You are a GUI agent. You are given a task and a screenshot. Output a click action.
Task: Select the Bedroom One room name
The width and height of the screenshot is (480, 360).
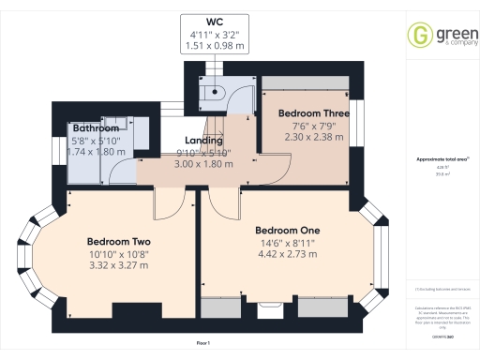(x=288, y=230)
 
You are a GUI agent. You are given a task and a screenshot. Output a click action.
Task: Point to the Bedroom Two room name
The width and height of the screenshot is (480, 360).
(x=119, y=239)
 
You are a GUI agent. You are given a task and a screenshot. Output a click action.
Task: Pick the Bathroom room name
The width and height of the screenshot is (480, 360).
(x=96, y=127)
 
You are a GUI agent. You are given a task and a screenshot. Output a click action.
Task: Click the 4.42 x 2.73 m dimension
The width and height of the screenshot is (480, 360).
(x=288, y=254)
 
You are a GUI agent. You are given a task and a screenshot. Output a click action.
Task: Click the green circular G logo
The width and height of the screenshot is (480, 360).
(x=418, y=37)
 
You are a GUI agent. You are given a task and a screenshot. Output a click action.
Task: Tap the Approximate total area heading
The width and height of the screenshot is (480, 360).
(x=442, y=159)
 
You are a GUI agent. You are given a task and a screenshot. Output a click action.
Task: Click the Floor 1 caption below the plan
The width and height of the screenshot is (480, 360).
(x=202, y=344)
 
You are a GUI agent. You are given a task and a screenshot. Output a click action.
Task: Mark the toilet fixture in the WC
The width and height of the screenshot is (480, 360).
(x=217, y=91)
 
